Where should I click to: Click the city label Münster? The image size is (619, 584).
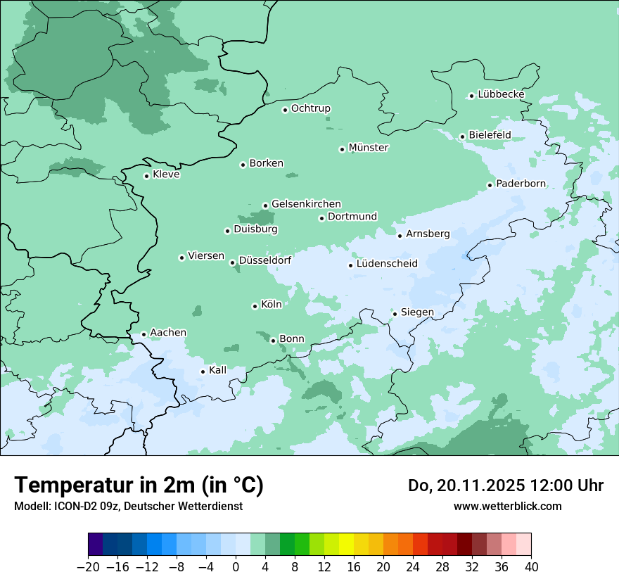(369, 148)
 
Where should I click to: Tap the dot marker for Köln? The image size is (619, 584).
(255, 306)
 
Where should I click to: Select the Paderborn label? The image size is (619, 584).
(521, 184)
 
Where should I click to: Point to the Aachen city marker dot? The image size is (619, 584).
(143, 335)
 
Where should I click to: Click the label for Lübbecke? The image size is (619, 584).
(501, 94)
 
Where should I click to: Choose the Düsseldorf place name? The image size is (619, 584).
(264, 260)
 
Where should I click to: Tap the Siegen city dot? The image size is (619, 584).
(395, 314)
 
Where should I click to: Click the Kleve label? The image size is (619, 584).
(166, 174)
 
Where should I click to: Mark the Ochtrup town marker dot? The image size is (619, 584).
(285, 110)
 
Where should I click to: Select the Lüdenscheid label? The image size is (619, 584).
(387, 264)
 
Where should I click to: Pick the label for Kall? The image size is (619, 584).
(217, 370)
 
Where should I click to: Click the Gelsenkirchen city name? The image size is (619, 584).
(306, 204)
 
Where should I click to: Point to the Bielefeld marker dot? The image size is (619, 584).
(462, 137)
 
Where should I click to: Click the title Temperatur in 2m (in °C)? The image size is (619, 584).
(139, 485)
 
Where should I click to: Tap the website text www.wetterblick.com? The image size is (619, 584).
(507, 506)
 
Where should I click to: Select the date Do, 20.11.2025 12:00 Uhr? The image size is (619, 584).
(505, 485)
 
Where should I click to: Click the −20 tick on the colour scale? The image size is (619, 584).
(88, 567)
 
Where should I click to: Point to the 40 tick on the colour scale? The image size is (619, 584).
(531, 567)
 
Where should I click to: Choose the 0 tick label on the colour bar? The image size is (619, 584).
(236, 567)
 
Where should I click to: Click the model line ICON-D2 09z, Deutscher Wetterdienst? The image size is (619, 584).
(128, 506)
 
